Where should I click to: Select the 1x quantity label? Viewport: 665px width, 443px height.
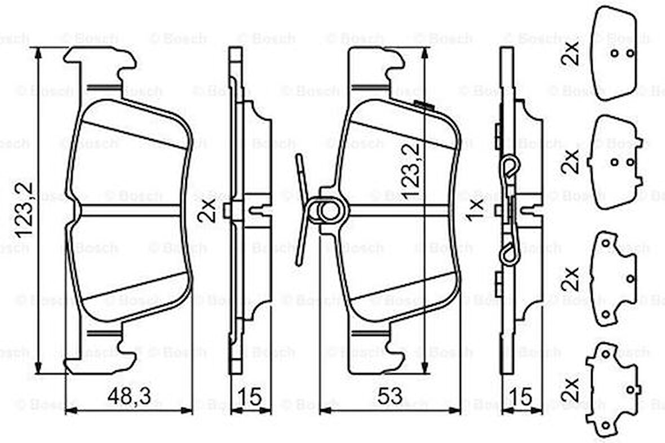pos(476,209)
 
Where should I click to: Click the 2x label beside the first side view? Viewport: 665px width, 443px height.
pos(208,209)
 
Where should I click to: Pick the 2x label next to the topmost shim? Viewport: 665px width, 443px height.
pos(571,54)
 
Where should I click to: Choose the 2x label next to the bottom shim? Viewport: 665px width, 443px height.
pos(571,389)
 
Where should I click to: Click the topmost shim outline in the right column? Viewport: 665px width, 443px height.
pos(614,54)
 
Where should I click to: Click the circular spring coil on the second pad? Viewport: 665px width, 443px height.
pos(329,211)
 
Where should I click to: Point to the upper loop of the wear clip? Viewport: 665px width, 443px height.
pos(509,167)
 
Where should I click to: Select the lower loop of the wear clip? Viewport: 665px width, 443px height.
pos(511,254)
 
